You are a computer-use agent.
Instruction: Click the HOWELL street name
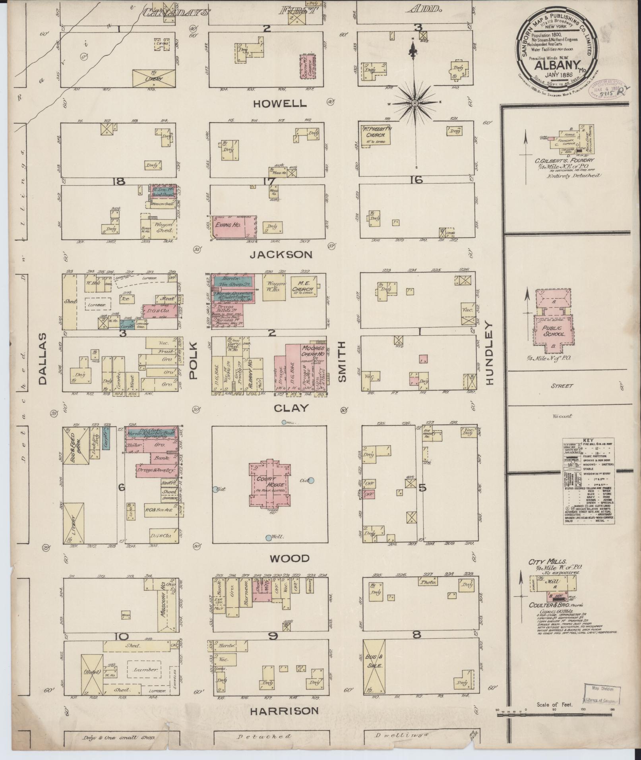[x=280, y=104]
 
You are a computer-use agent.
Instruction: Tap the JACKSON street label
[x=281, y=255]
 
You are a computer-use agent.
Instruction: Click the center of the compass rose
[x=415, y=104]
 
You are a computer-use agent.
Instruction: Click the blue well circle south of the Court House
[x=269, y=538]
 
